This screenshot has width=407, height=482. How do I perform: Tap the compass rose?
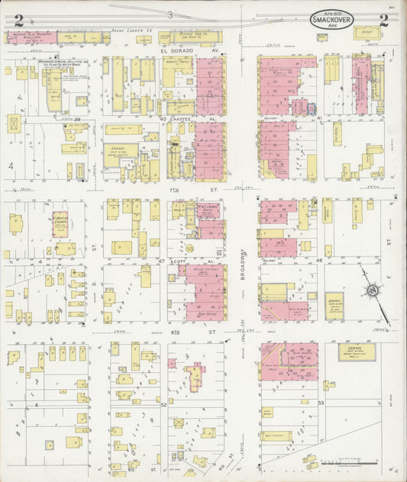click(x=372, y=291)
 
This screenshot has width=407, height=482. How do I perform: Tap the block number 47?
click(x=161, y=261)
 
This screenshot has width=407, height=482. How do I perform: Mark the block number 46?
click(x=319, y=261)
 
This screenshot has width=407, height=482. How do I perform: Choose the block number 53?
click(x=321, y=402)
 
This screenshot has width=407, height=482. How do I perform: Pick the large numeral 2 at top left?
click(x=18, y=21)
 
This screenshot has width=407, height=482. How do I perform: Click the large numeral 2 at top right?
click(x=383, y=21)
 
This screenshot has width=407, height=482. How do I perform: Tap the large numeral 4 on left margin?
click(x=11, y=165)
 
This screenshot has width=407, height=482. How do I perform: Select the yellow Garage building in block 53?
click(x=357, y=352)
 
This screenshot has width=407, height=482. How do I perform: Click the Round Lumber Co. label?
click(x=129, y=31)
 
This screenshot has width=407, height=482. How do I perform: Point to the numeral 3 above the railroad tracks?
click(x=171, y=15)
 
